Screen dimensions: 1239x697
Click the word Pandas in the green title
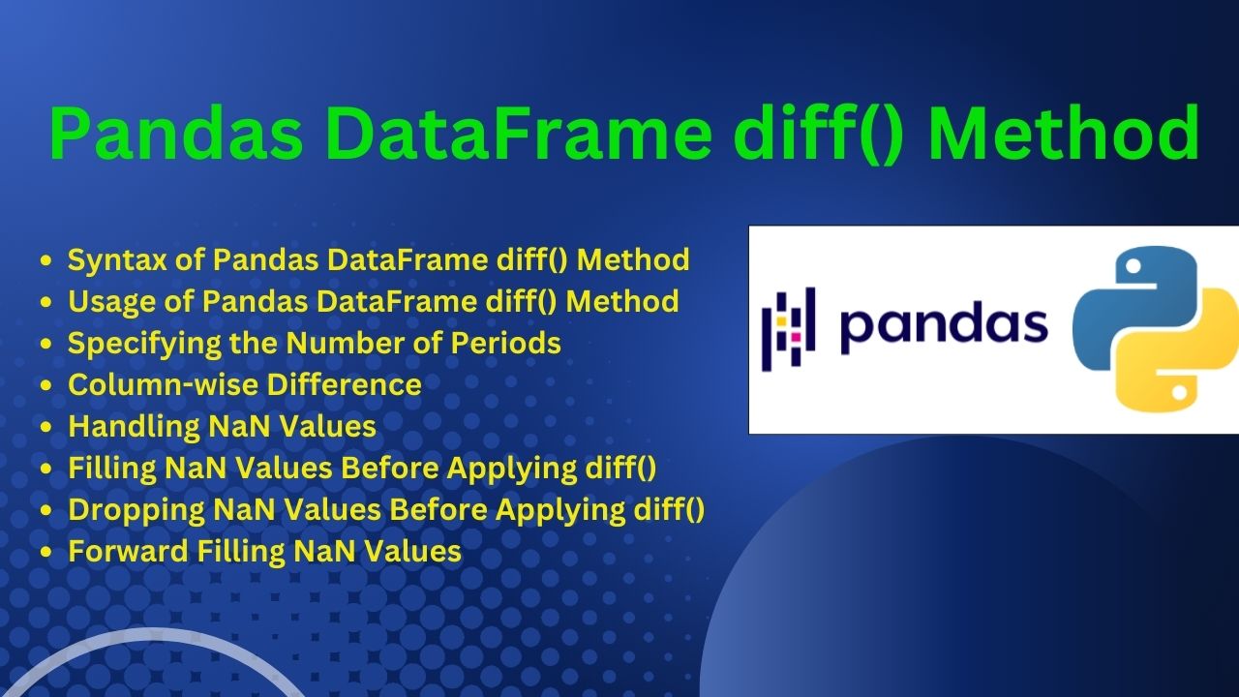tap(176, 134)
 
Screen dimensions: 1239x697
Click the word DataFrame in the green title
tap(522, 134)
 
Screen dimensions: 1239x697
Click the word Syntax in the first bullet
tap(117, 260)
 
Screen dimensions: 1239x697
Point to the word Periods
tap(506, 343)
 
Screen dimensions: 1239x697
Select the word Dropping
tap(136, 510)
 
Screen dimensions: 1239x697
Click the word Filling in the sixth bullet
tap(111, 468)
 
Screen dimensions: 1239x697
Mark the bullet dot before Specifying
tap(45, 344)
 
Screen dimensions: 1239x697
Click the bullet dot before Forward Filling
tap(45, 552)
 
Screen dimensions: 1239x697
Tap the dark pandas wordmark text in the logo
tap(944, 326)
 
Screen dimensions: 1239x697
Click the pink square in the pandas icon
tap(796, 336)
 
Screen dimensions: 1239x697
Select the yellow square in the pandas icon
tap(781, 321)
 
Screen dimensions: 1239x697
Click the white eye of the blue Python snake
tap(1133, 266)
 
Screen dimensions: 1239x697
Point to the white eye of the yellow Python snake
tap(1180, 393)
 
